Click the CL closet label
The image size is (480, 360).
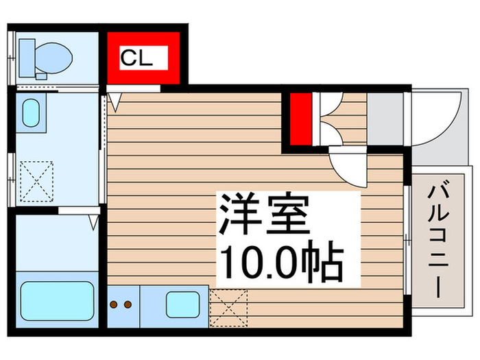[136, 58]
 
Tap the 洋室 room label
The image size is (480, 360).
[264, 213]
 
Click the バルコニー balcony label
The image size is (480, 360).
[439, 239]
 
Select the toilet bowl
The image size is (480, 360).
[54, 58]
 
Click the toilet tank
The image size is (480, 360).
[27, 58]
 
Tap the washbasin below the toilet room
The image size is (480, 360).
[31, 112]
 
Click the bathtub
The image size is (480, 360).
[57, 301]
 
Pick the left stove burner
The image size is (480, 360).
[114, 304]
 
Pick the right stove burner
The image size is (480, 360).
[128, 304]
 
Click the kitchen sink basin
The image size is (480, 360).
[183, 304]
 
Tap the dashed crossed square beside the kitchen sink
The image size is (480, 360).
[228, 308]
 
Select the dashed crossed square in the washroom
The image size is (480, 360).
[37, 182]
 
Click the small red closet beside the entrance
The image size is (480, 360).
[300, 119]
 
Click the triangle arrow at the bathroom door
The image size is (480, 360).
[94, 222]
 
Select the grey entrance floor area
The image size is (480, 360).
[385, 119]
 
